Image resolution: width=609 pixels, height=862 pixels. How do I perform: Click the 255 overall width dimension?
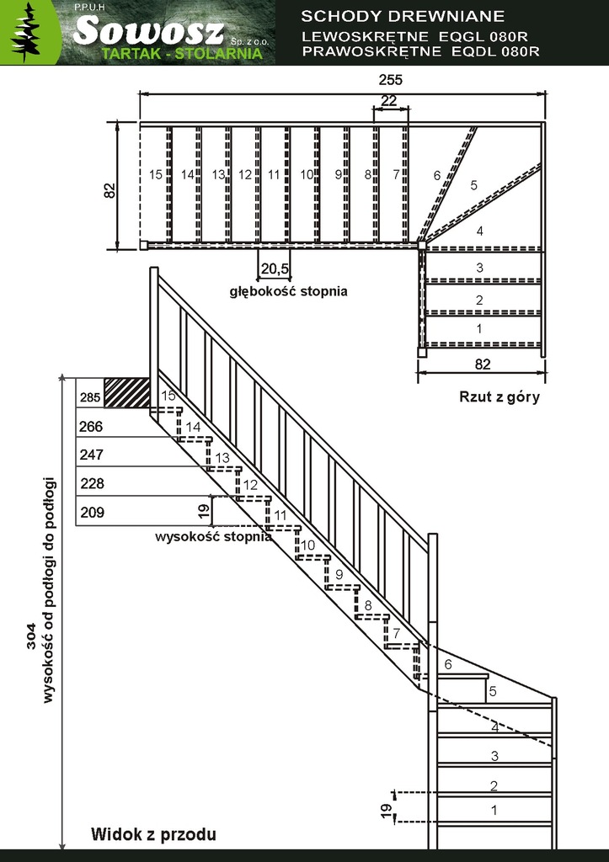point(391,80)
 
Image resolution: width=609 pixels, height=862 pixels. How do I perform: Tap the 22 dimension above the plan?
point(388,101)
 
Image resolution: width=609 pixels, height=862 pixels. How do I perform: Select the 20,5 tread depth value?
point(275,269)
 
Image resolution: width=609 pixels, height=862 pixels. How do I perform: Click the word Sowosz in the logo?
point(148,31)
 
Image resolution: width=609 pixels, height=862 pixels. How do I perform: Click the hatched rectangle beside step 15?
point(127,392)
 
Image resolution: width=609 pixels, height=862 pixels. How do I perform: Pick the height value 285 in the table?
point(90,397)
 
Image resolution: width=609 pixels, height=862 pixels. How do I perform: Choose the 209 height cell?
point(92,513)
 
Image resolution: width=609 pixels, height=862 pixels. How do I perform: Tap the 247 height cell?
point(92,455)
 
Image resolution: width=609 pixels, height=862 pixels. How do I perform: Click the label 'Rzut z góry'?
point(499,397)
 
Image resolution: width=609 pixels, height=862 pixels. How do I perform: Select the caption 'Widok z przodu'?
point(153,834)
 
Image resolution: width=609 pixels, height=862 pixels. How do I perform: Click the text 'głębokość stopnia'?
point(288,290)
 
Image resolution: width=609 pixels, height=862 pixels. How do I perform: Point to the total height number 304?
point(31,636)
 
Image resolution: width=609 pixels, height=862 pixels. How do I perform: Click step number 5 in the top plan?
point(473,185)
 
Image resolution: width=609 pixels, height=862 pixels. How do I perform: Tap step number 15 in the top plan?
point(156,174)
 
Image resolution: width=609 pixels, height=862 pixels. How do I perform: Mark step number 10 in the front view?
point(308,545)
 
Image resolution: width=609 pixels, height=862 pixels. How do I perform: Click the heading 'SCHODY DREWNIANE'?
point(402,17)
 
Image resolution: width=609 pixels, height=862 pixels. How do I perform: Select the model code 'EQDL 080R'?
point(495,51)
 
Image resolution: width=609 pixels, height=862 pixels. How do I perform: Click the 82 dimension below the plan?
point(482,364)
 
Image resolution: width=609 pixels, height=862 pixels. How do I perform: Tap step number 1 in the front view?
point(494,809)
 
